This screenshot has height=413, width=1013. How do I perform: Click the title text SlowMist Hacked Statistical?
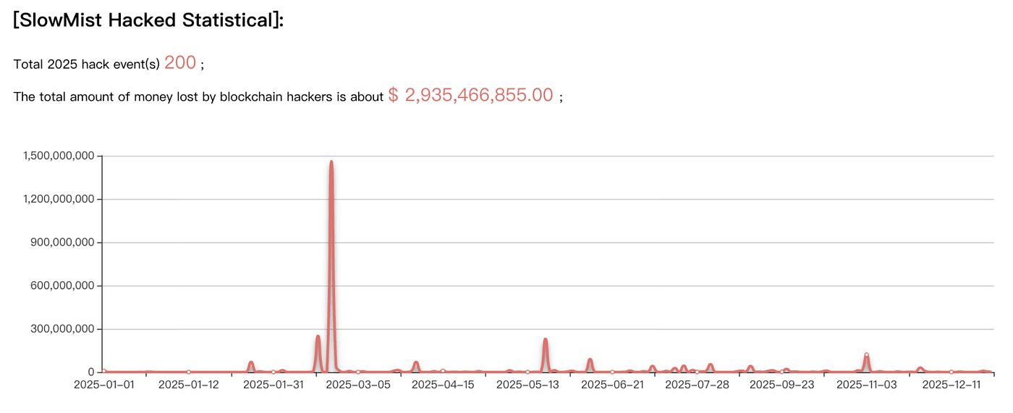(x=148, y=20)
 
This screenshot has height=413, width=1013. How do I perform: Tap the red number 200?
(x=180, y=63)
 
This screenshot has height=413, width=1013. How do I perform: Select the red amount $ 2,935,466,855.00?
(x=470, y=95)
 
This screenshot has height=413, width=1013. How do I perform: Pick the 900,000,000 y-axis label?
(x=64, y=243)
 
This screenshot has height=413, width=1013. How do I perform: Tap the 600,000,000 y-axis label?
(x=64, y=286)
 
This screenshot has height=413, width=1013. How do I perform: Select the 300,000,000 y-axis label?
(x=64, y=329)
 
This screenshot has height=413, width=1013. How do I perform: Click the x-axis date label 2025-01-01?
(x=104, y=385)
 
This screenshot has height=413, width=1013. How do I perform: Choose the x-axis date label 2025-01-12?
(x=188, y=385)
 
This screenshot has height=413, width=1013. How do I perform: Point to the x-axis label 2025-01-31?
(x=273, y=385)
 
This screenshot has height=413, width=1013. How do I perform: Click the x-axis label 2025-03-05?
(x=358, y=385)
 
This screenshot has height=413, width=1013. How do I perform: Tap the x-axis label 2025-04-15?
(x=443, y=385)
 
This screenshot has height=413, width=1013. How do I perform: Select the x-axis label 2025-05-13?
(x=527, y=385)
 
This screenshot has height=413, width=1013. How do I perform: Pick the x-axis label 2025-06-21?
(x=612, y=385)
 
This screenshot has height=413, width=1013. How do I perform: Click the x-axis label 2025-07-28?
(x=697, y=385)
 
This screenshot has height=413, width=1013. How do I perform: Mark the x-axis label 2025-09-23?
(x=781, y=385)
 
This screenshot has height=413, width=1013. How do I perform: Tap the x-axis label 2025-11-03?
(x=866, y=385)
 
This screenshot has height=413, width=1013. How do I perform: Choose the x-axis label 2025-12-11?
(x=951, y=385)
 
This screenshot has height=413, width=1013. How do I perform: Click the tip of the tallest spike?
(x=331, y=162)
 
